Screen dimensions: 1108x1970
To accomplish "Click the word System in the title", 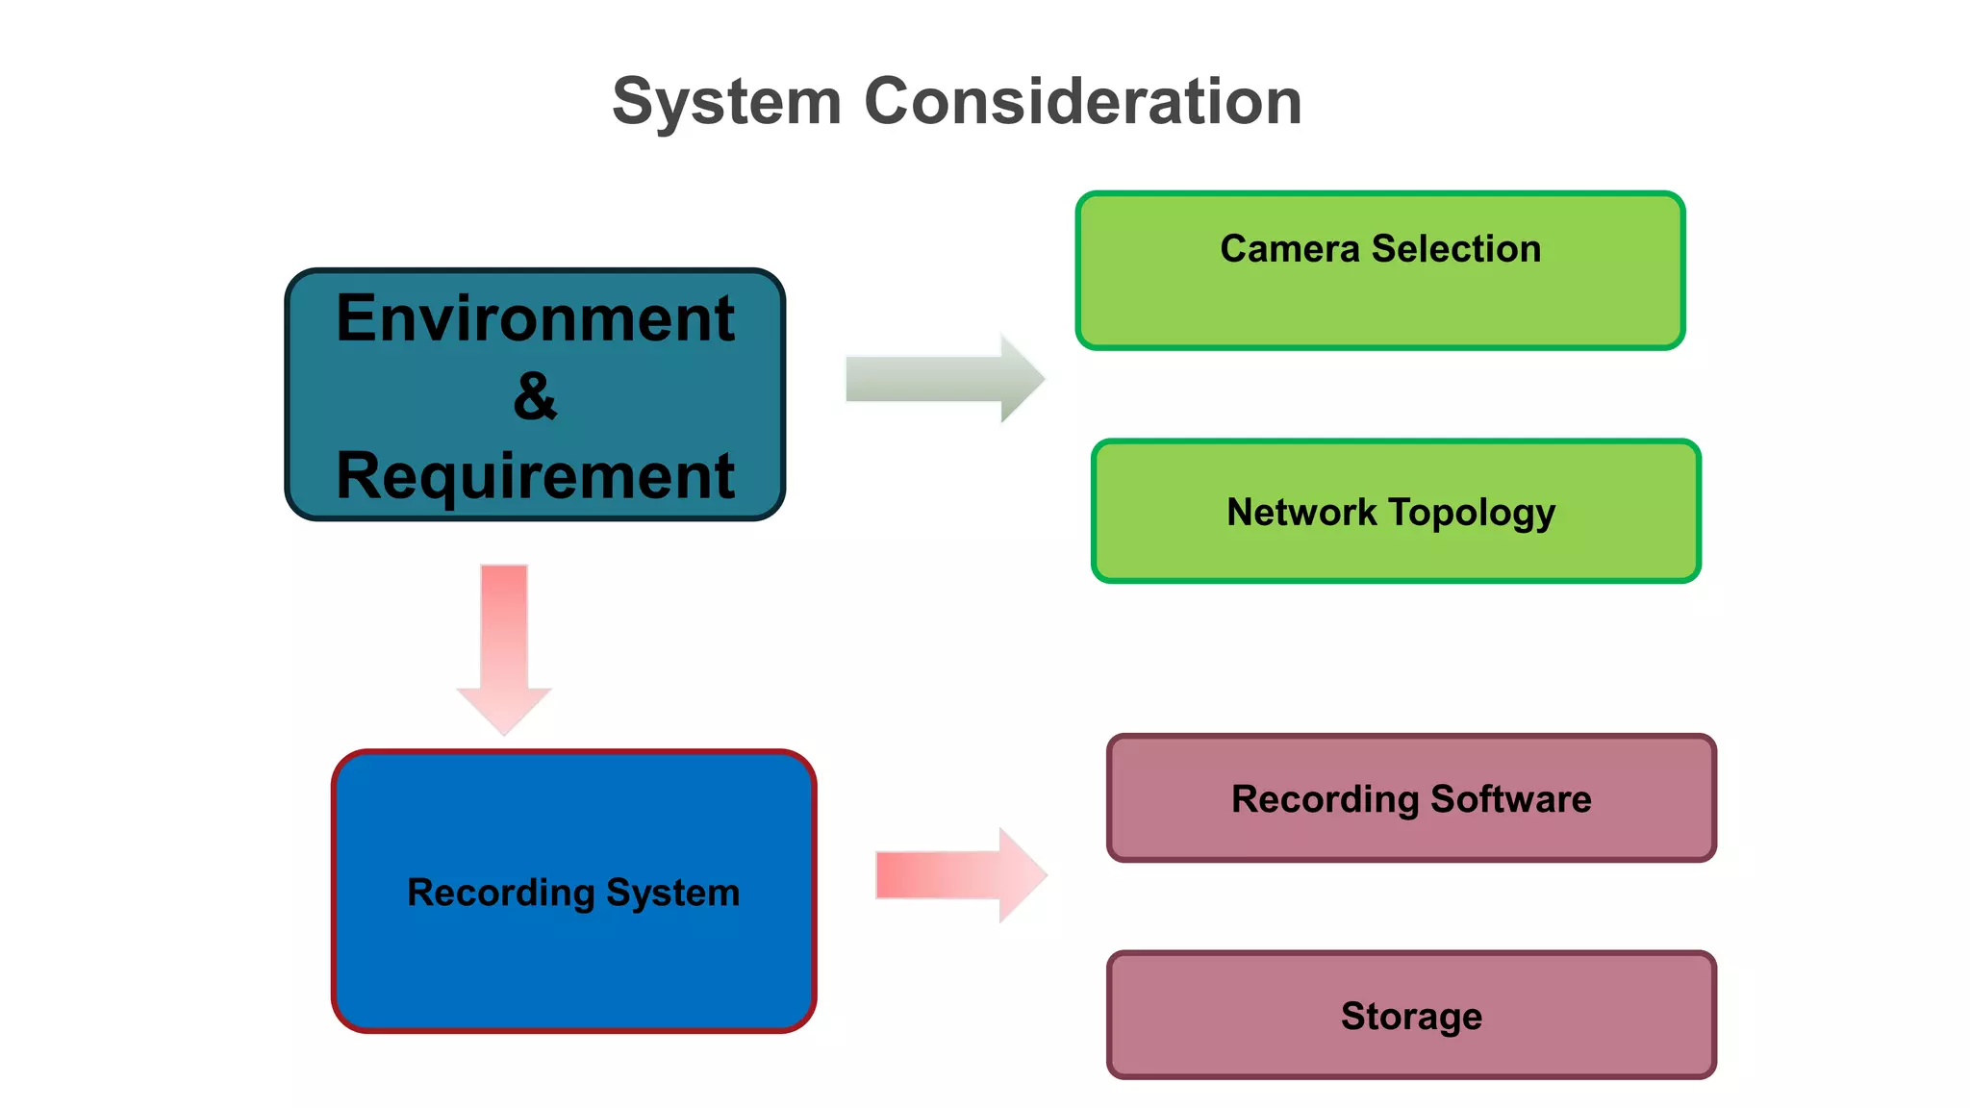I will click(726, 102).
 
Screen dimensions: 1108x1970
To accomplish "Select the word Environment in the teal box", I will click(535, 318).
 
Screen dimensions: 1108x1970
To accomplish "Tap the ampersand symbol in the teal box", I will click(535, 396).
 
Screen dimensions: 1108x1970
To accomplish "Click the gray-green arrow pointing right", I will click(943, 378).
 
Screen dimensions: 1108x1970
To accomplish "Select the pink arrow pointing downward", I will click(504, 644).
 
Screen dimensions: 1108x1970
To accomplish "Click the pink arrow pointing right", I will click(957, 875).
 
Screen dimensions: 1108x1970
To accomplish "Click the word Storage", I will click(1410, 1017).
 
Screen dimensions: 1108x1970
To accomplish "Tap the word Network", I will click(1301, 513).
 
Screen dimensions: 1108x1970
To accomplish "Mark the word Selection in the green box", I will click(1455, 249).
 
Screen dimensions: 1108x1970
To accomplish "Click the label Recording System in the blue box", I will click(573, 893).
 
